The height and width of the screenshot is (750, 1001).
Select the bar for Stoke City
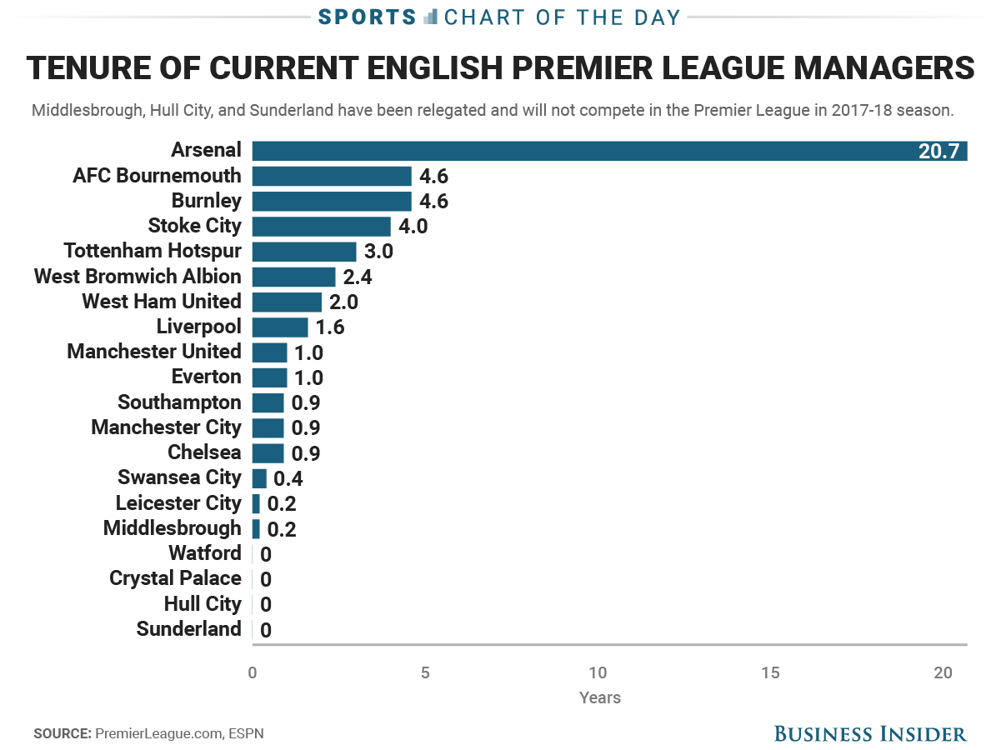(321, 227)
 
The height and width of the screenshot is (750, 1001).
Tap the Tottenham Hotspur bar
(303, 252)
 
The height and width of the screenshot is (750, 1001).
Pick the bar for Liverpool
(279, 327)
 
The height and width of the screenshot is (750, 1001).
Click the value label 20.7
(939, 152)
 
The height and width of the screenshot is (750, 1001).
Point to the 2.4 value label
(358, 277)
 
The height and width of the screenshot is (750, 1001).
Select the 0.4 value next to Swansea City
(288, 478)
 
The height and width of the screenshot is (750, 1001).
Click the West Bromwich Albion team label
(138, 277)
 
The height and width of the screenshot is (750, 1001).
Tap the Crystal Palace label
(175, 578)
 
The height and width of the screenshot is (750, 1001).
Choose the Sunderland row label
(188, 629)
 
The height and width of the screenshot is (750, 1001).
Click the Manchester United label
(154, 352)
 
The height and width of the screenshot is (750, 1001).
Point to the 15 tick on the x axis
(770, 673)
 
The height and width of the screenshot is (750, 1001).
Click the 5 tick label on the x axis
(425, 673)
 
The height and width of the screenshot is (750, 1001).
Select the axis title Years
(600, 697)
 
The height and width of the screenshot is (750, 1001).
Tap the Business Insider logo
(870, 733)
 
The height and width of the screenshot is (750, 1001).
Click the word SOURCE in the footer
(62, 734)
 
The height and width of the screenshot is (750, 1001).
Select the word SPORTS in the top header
(367, 17)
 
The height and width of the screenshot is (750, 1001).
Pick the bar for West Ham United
(286, 302)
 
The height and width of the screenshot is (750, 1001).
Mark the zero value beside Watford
(266, 554)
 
